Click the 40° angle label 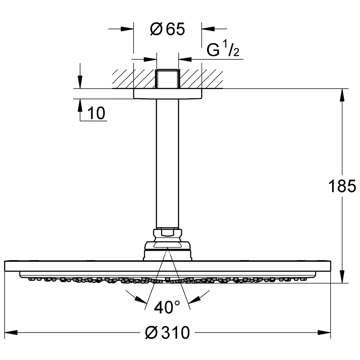point(166,307)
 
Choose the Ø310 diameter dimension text point(168,333)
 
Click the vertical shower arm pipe point(167,162)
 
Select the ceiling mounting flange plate point(167,93)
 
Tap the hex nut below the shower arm point(167,234)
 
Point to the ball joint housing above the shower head point(167,250)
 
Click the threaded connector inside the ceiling point(167,79)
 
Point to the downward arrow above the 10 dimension point(80,83)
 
